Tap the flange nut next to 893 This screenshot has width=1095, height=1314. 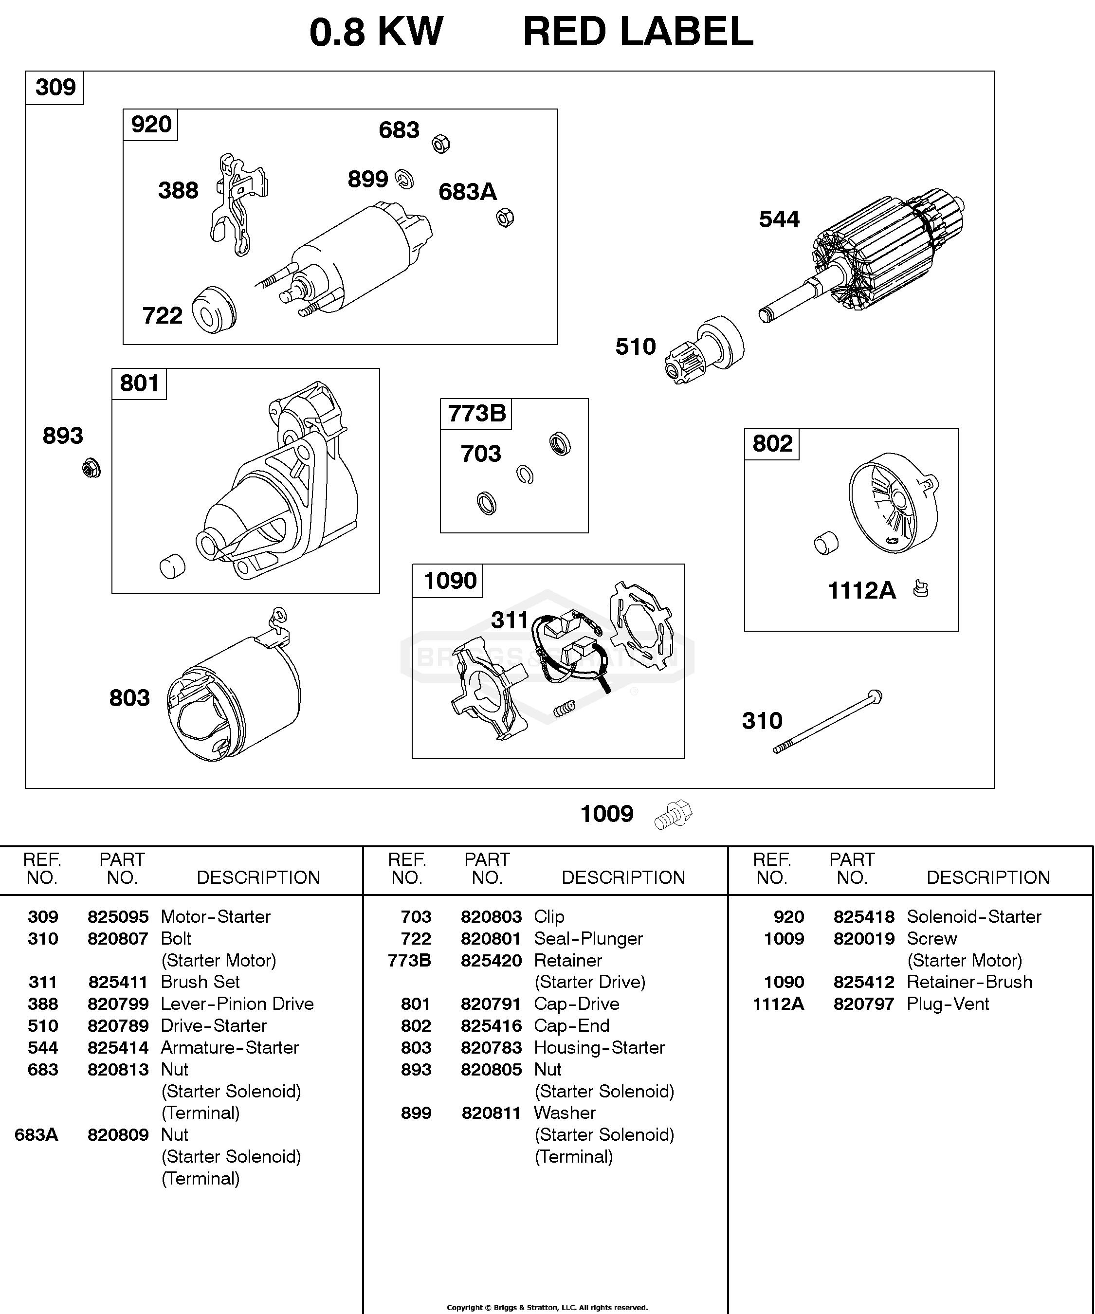[x=91, y=468]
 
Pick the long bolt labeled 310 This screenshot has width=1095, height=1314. [x=827, y=721]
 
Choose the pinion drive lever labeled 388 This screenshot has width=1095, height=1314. [x=239, y=204]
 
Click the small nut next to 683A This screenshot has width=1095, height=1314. [x=505, y=218]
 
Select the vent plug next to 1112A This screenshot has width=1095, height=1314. [x=920, y=589]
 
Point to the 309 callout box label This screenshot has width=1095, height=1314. [x=55, y=87]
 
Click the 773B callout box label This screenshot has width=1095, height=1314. [x=476, y=414]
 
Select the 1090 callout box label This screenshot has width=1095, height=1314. [x=449, y=581]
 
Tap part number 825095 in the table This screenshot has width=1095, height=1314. [x=118, y=917]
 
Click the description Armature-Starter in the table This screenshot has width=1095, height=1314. [x=230, y=1047]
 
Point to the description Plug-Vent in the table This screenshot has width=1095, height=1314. [x=948, y=1004]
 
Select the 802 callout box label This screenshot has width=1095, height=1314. [x=772, y=444]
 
